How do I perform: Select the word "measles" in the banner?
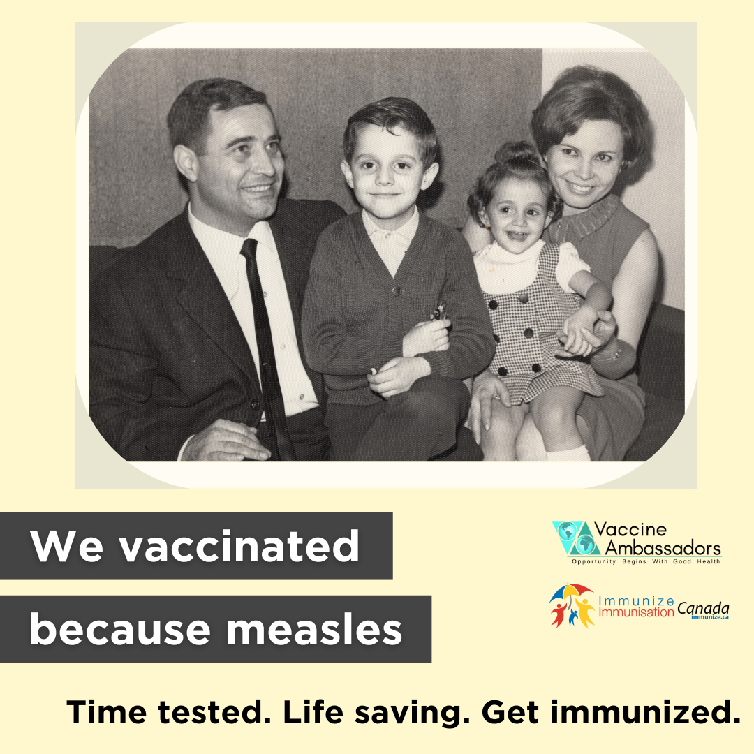coord(314,629)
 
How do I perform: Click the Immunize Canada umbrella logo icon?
coord(571,605)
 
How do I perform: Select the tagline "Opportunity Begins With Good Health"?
coord(646,562)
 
